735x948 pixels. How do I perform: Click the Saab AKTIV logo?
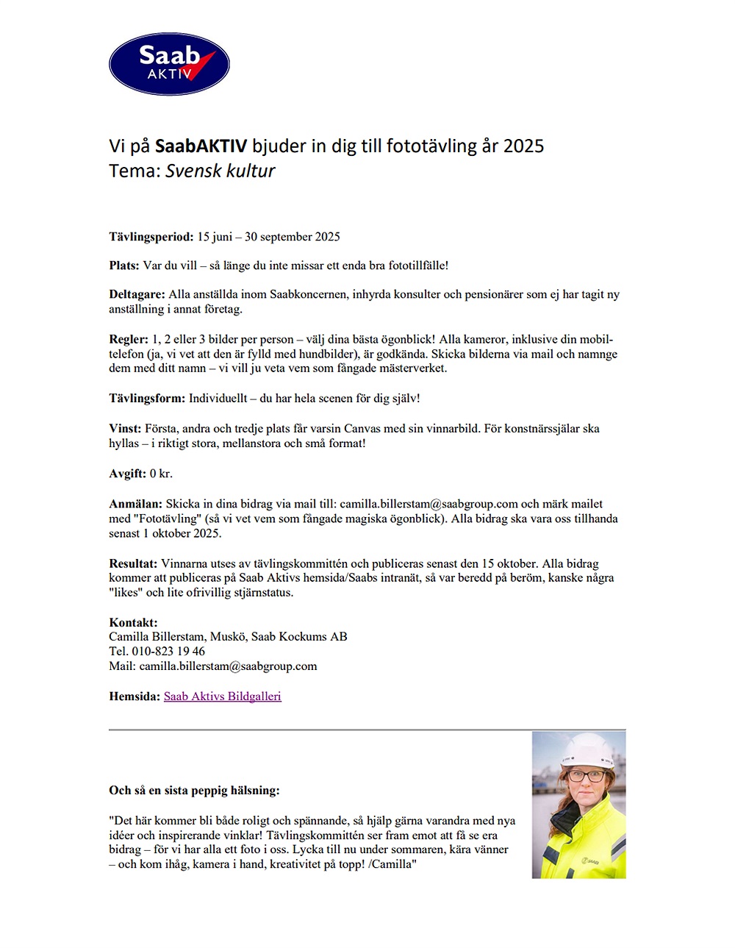(169, 64)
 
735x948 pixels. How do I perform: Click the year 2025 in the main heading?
(523, 146)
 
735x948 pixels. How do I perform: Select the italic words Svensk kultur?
(220, 171)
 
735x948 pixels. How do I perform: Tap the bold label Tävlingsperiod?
(151, 237)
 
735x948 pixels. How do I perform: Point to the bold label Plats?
(123, 265)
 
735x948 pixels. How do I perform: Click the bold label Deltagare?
(137, 294)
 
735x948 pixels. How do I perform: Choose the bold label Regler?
(129, 339)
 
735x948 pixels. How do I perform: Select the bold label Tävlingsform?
(147, 399)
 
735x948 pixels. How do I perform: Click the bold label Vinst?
(125, 428)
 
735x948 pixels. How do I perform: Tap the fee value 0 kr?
(161, 474)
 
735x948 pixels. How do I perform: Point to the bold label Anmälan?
(135, 504)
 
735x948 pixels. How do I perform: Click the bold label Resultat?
(133, 563)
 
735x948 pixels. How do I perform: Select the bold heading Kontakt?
(133, 622)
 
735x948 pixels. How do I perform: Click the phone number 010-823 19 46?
(168, 651)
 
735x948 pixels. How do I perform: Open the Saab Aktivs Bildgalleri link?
(222, 696)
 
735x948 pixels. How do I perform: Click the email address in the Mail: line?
(228, 666)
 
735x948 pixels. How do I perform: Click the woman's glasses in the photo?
(585, 776)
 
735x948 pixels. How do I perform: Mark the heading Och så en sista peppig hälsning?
(194, 791)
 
